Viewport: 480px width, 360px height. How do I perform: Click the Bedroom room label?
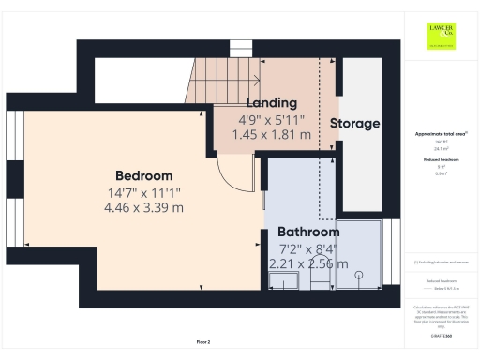(x=144, y=175)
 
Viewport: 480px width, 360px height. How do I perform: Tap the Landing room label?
(x=271, y=102)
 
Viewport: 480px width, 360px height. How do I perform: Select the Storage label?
(x=354, y=123)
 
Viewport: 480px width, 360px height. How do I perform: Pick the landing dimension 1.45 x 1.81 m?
(x=271, y=134)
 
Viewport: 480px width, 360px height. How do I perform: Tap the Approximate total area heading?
(x=440, y=134)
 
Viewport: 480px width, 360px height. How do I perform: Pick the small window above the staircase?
(x=242, y=48)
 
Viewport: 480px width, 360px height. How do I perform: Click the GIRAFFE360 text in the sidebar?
(x=440, y=335)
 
